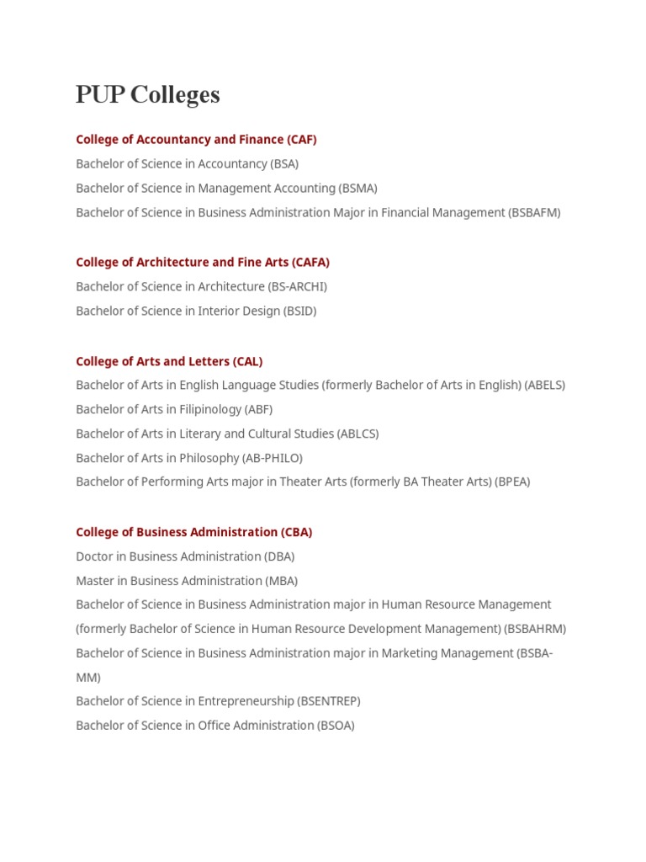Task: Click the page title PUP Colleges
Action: coord(148,95)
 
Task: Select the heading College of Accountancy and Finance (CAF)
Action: coord(196,140)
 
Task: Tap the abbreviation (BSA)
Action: coord(284,164)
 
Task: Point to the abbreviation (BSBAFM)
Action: coord(534,213)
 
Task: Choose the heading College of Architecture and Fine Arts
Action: coord(203,263)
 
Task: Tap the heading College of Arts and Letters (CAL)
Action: coord(169,362)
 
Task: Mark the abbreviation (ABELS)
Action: coord(544,386)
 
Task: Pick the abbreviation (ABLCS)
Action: coord(357,434)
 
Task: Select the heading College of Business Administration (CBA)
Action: coord(194,533)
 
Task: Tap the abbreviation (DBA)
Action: coord(279,557)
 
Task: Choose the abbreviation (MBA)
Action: coord(282,582)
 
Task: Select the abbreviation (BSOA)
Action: coord(336,726)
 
